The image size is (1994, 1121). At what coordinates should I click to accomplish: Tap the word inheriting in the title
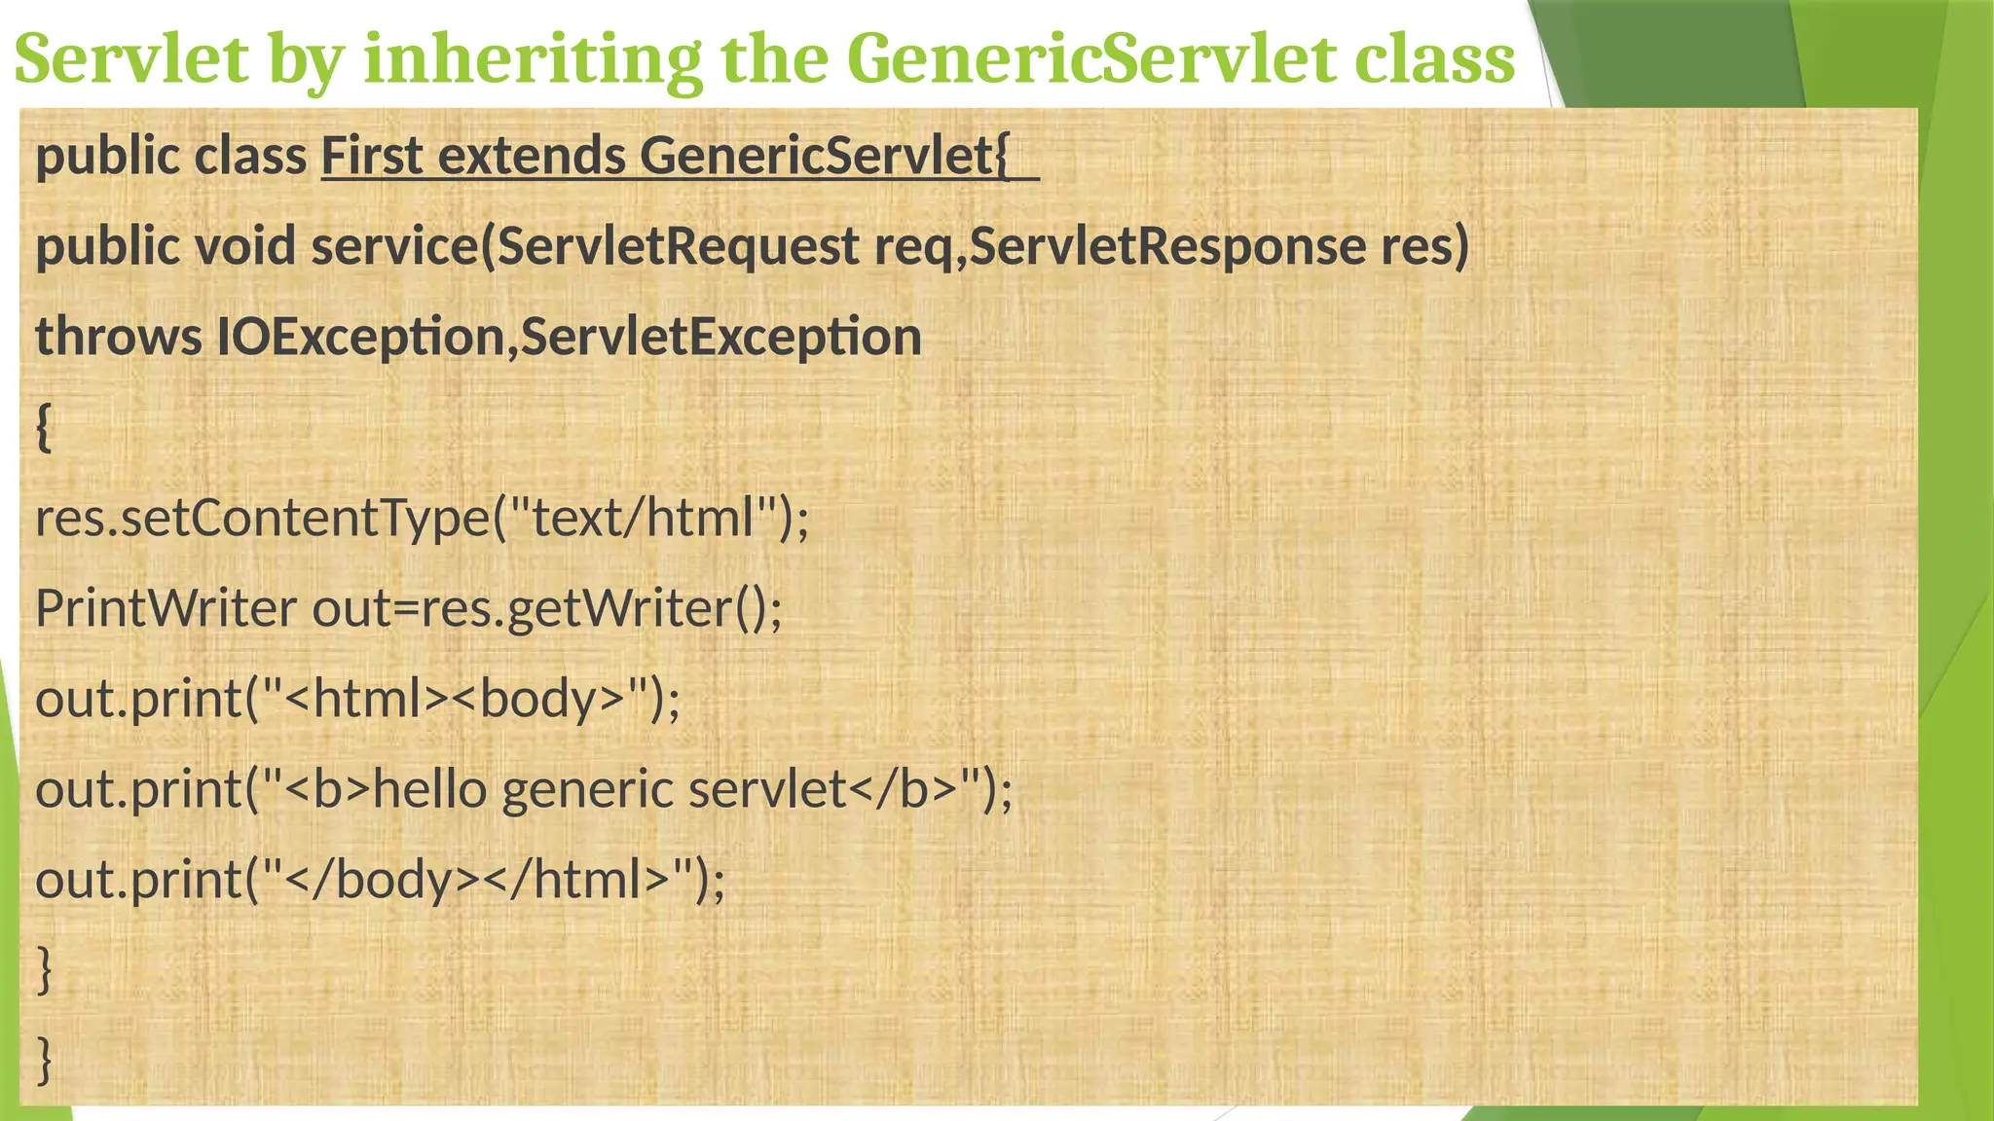(x=532, y=58)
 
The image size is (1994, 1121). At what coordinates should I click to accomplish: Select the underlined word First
(x=372, y=156)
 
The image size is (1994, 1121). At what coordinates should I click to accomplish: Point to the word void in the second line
(x=245, y=246)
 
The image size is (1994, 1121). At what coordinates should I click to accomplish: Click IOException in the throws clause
(x=360, y=337)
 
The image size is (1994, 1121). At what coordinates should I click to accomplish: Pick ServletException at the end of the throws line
(x=720, y=337)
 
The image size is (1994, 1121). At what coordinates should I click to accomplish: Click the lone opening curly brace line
(x=44, y=427)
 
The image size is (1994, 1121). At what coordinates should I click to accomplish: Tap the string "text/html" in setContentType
(x=643, y=518)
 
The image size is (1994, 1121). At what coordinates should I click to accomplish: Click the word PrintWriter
(x=166, y=609)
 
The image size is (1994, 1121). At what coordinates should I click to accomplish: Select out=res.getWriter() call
(x=545, y=609)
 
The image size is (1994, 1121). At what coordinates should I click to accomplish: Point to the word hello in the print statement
(x=429, y=789)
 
